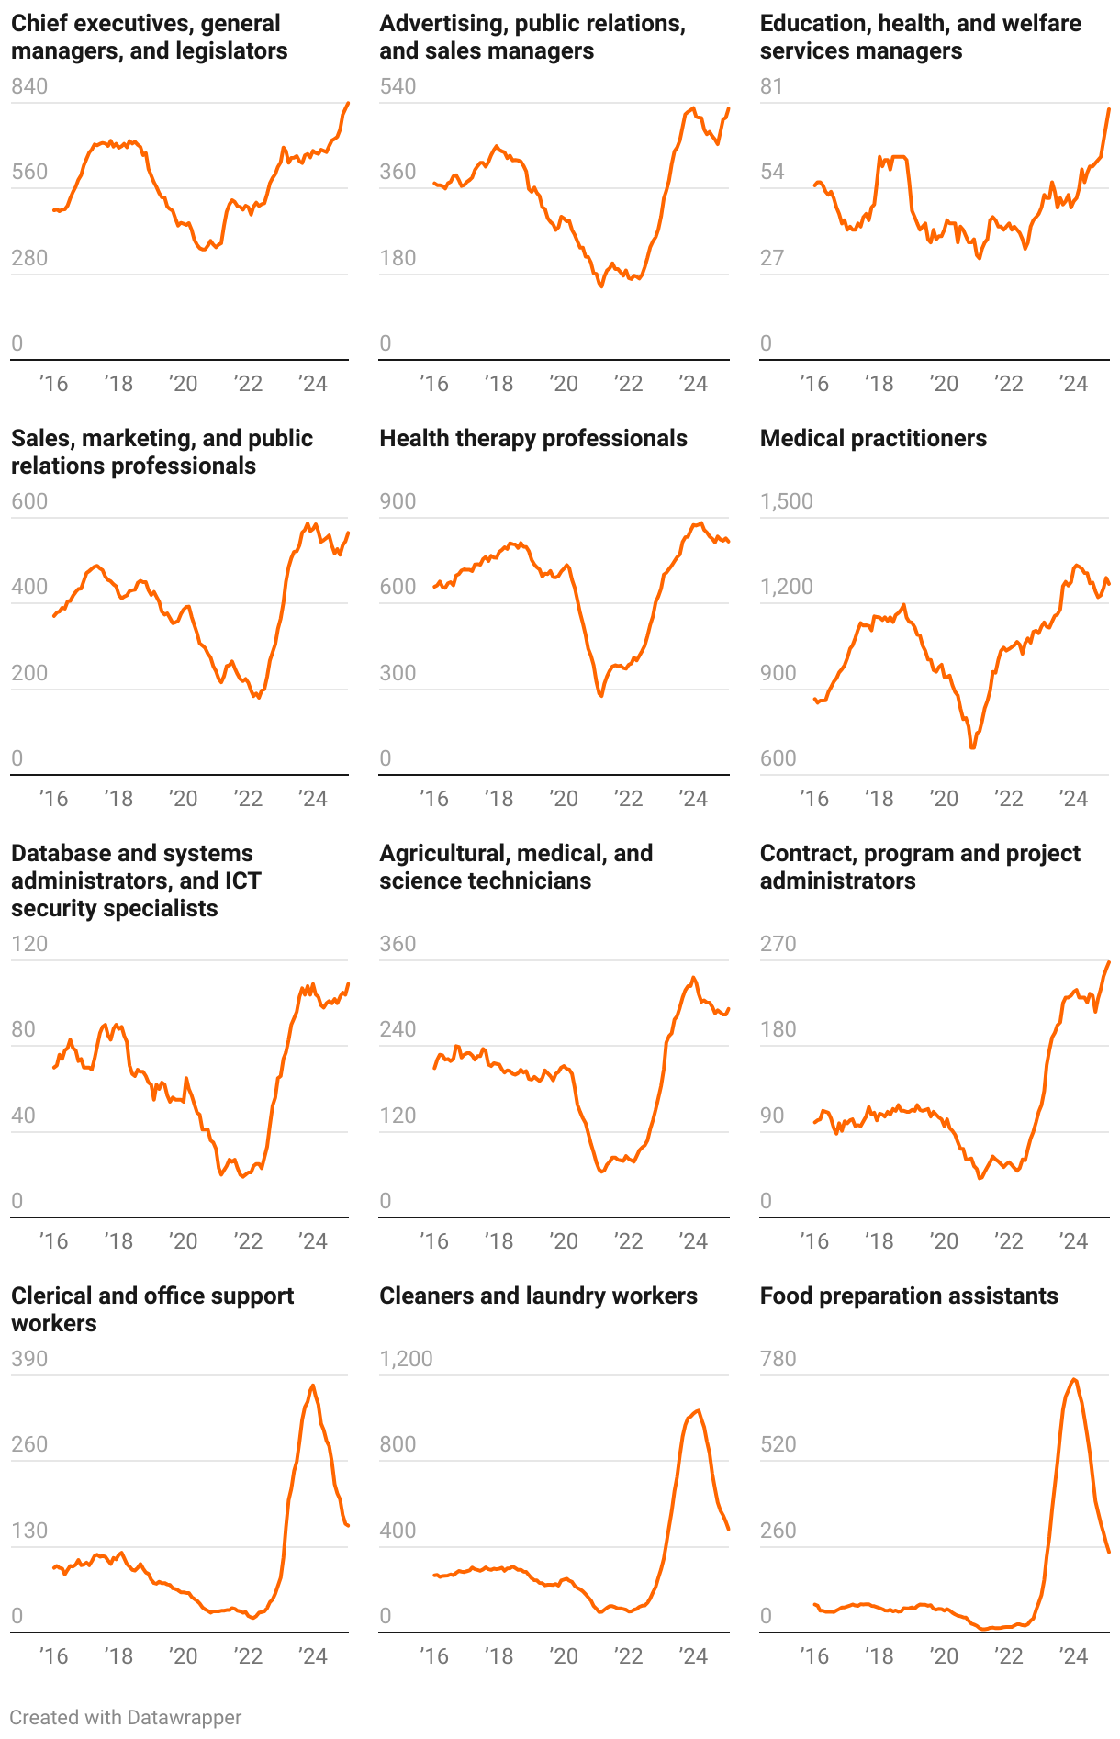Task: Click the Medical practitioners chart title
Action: pyautogui.click(x=873, y=439)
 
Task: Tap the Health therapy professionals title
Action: pyautogui.click(x=532, y=439)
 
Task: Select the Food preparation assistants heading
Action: pyautogui.click(x=908, y=1296)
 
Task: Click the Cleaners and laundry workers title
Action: pyautogui.click(x=538, y=1296)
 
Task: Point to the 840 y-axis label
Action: pyautogui.click(x=29, y=86)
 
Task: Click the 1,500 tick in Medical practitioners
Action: pyautogui.click(x=786, y=501)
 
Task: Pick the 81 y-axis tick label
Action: pyautogui.click(x=771, y=86)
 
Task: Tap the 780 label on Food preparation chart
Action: pyautogui.click(x=778, y=1359)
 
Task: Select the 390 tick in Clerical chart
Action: pyautogui.click(x=29, y=1359)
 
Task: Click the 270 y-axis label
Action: pyautogui.click(x=778, y=944)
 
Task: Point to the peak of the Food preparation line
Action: pyautogui.click(x=1074, y=1379)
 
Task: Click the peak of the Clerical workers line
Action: pyautogui.click(x=313, y=1386)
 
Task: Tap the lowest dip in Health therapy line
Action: pyautogui.click(x=601, y=696)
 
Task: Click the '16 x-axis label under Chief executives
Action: pyautogui.click(x=53, y=384)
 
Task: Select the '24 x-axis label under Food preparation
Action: pyautogui.click(x=1073, y=1656)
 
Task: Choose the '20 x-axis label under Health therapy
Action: pyautogui.click(x=564, y=799)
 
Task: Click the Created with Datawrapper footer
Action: pyautogui.click(x=126, y=1718)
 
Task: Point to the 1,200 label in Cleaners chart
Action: pyautogui.click(x=406, y=1359)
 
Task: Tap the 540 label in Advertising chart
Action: pyautogui.click(x=398, y=86)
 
